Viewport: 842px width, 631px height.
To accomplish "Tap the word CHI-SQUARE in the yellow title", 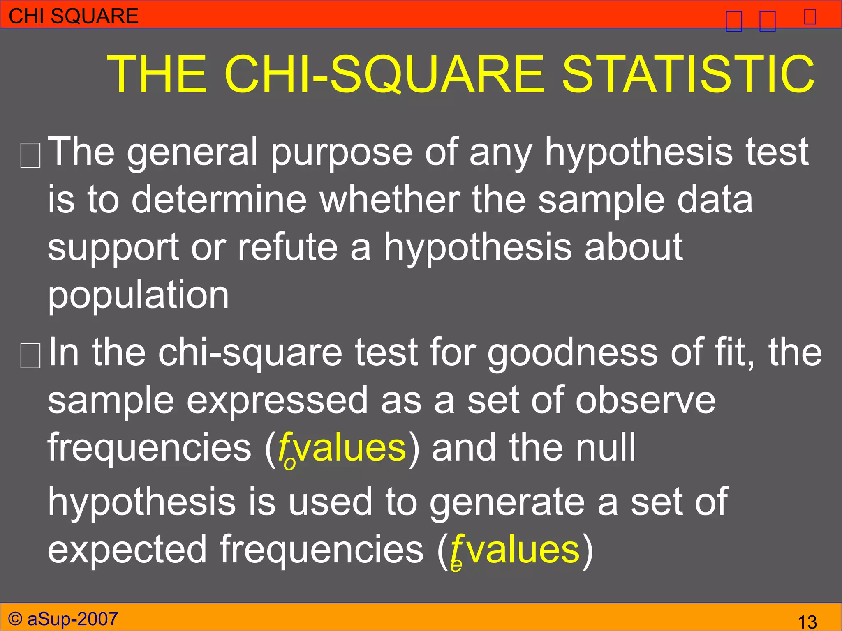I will pos(384,74).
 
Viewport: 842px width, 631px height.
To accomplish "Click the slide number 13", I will pos(807,622).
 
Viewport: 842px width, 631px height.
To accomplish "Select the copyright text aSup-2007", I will pos(72,619).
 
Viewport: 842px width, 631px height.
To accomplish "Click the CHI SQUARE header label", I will pos(74,16).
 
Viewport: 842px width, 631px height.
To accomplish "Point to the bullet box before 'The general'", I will pos(30,156).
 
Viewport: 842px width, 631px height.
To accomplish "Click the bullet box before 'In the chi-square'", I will pos(30,356).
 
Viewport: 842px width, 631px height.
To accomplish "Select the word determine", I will pos(219,200).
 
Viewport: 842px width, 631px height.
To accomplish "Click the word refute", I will pos(287,247).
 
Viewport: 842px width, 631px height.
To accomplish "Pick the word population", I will pos(138,296).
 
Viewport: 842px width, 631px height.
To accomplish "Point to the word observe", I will pos(645,401).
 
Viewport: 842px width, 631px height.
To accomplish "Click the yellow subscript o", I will pos(289,463).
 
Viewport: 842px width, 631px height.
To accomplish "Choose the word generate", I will pos(507,503).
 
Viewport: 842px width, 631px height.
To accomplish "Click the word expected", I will pos(127,550).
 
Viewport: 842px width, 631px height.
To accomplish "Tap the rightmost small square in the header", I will pos(810,17).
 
